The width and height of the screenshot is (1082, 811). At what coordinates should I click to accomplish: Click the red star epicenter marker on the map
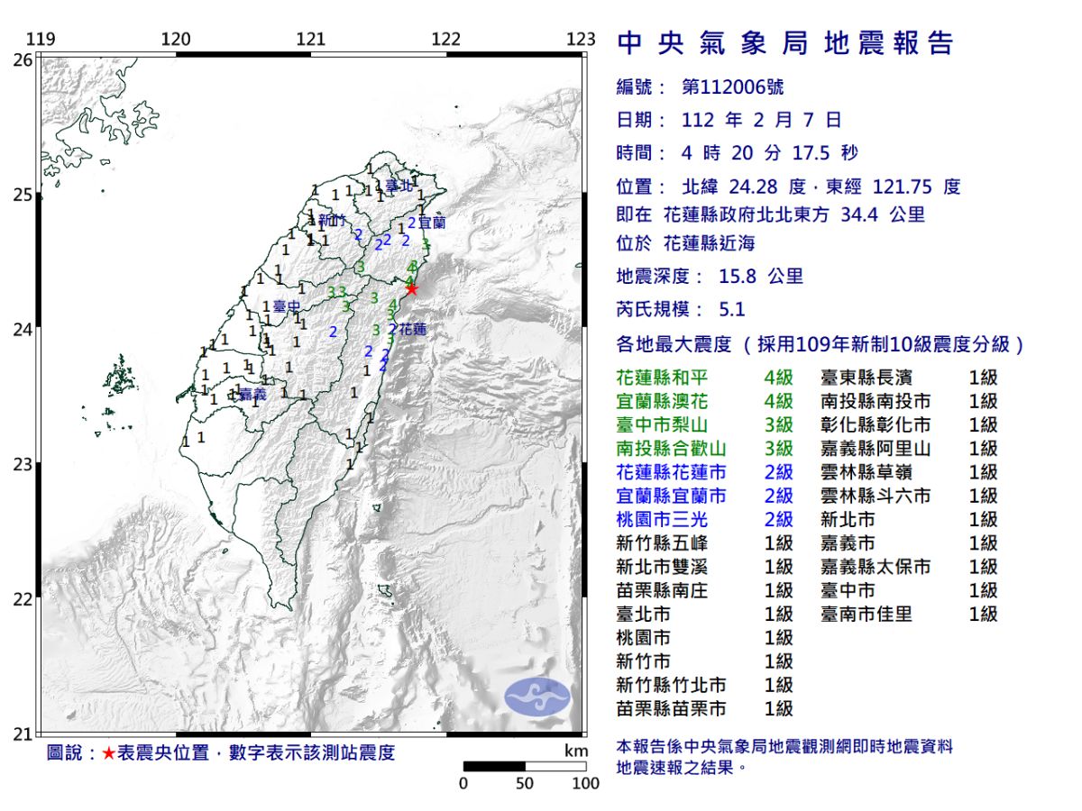tap(411, 289)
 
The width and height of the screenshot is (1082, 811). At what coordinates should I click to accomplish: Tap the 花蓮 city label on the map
tap(412, 330)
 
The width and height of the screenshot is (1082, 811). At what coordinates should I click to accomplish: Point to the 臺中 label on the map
tap(286, 307)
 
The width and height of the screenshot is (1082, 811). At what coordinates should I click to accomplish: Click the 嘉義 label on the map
tap(252, 395)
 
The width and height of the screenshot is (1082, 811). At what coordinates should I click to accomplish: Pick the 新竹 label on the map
tap(332, 221)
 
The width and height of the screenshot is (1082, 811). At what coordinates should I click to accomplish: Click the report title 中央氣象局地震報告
tap(784, 42)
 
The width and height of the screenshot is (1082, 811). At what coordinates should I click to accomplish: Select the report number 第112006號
tap(732, 87)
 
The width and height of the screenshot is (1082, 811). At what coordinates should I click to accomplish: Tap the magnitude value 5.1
tap(732, 309)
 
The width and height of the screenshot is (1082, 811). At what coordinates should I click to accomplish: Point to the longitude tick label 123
tap(582, 39)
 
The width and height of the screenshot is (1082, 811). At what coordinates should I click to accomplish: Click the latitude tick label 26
tap(23, 59)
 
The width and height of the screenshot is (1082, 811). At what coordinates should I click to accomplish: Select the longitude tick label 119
tap(41, 39)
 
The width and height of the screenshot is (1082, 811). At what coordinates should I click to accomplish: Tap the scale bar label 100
tap(585, 783)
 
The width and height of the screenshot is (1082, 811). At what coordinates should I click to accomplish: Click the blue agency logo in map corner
tap(536, 697)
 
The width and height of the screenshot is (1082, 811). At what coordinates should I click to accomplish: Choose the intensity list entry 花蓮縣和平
tap(671, 378)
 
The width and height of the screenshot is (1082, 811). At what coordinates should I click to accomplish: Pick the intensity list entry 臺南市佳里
tap(866, 614)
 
